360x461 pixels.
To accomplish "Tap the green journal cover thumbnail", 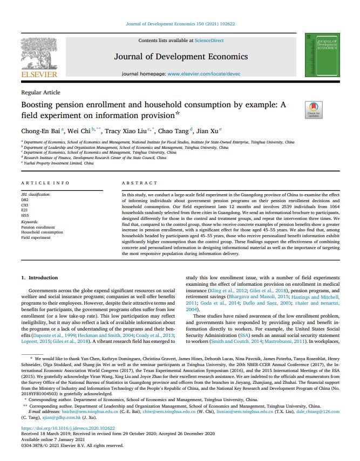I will pos(323,53).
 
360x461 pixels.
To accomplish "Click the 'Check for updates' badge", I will pos(313,108).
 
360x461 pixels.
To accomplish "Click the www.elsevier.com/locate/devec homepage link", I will pos(202,72).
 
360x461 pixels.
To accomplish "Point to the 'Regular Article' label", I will pos(40,93).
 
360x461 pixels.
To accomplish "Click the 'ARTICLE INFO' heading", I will pos(46,183).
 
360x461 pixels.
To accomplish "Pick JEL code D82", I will pos(25,199).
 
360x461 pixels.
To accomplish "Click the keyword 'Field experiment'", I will pos(36,237).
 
